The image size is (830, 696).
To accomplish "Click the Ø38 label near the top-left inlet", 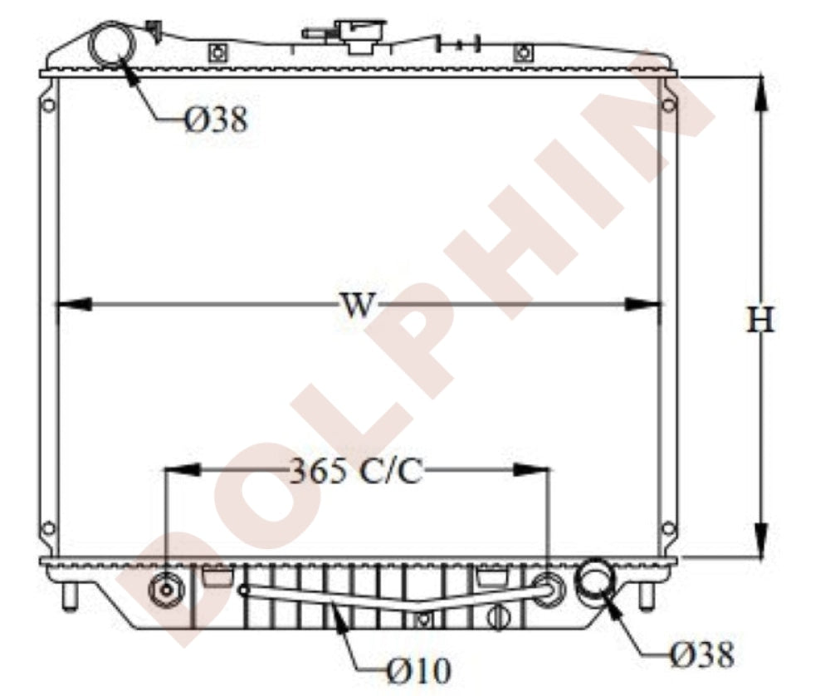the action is coord(217,120).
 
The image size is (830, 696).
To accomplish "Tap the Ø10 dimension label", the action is coord(419,671).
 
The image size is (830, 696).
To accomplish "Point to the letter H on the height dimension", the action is coord(760,320).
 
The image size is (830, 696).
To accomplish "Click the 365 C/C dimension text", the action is coord(357,470).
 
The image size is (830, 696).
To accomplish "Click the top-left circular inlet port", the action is coord(112,43).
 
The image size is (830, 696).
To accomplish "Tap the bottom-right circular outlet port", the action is coord(595,578).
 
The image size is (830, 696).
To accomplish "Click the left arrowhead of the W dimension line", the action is coord(74,305).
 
